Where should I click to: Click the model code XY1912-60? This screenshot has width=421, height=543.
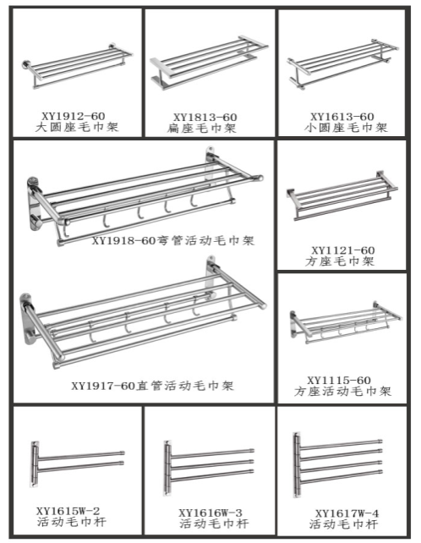click(x=74, y=116)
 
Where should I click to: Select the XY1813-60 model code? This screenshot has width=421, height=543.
click(x=205, y=118)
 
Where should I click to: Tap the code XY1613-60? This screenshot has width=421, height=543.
click(x=342, y=117)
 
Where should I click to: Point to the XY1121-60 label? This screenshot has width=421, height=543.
click(x=342, y=250)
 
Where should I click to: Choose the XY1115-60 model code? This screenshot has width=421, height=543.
click(x=339, y=381)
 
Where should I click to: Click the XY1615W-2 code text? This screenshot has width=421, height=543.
click(x=68, y=511)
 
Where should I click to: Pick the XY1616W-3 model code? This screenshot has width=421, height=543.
click(x=210, y=513)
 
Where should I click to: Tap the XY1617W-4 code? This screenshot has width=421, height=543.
click(x=347, y=513)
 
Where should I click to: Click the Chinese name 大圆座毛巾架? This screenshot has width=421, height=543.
click(x=77, y=127)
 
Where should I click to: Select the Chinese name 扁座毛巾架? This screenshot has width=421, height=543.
click(x=202, y=129)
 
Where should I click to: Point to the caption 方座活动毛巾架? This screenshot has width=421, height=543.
click(x=342, y=392)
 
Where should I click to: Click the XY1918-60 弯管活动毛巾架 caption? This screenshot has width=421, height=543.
click(x=173, y=240)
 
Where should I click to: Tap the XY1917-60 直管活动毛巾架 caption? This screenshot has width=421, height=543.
click(x=153, y=386)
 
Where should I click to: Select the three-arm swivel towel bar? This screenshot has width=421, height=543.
click(x=209, y=468)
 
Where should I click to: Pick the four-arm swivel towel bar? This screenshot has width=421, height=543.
click(x=337, y=464)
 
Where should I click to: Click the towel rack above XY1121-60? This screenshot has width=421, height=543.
click(x=342, y=195)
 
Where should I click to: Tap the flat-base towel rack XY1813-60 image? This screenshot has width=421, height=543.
click(x=209, y=63)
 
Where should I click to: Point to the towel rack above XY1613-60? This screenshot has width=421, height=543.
click(x=342, y=64)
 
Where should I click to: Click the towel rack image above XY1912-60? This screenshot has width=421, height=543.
click(x=77, y=66)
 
